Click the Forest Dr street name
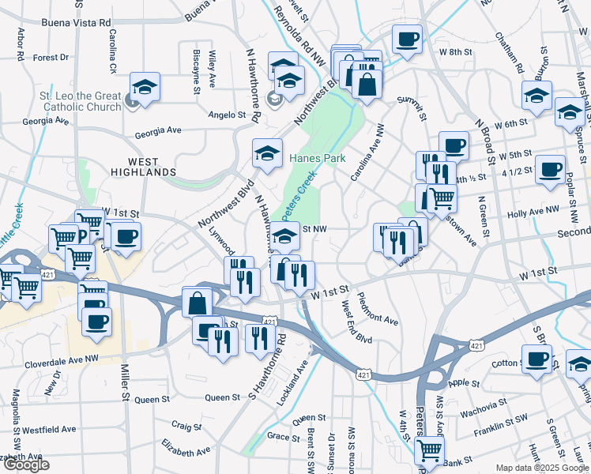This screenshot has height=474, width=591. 51,58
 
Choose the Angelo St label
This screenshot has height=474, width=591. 228,115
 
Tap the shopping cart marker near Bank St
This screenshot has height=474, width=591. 429,450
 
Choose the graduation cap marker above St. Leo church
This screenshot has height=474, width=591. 145,86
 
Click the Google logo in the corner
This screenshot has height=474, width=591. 25,465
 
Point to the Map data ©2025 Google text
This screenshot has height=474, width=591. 541,468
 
